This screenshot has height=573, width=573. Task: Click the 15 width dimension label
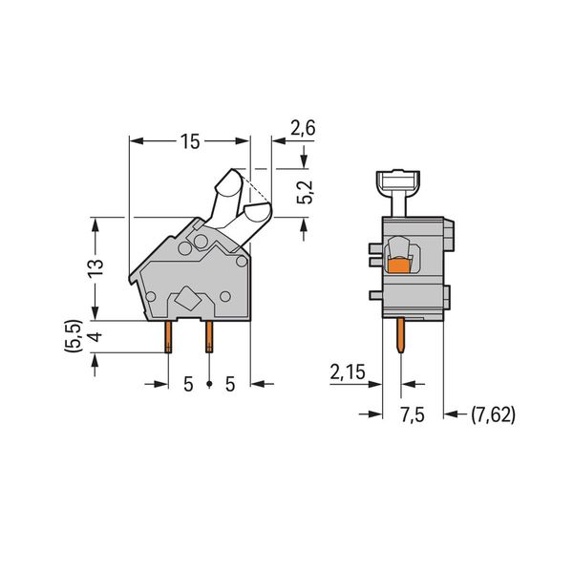click(190, 141)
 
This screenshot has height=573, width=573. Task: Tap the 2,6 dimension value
click(303, 128)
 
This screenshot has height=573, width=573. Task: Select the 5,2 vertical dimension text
click(306, 192)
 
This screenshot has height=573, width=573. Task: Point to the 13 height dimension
click(95, 268)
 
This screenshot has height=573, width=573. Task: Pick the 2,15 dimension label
click(348, 372)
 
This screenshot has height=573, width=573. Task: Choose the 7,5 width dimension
click(413, 415)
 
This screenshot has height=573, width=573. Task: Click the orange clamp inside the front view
click(398, 266)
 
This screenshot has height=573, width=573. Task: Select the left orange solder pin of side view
click(168, 337)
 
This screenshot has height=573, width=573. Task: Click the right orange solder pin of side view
click(209, 337)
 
